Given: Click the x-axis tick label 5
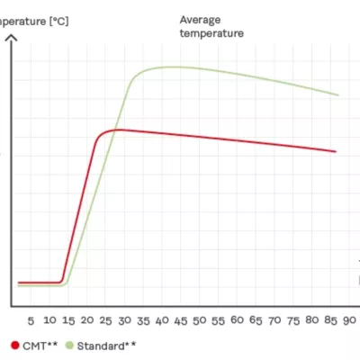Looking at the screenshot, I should (x=31, y=320).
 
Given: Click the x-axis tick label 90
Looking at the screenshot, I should (x=351, y=320).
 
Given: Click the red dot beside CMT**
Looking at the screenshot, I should (x=14, y=345).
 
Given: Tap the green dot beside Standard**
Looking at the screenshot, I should (x=68, y=345).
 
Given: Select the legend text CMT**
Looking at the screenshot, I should (x=38, y=345).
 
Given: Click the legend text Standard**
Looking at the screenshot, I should (x=106, y=345).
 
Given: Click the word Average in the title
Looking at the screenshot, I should (x=200, y=19).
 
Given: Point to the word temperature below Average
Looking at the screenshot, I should (x=211, y=33).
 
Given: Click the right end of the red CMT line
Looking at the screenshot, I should (x=336, y=151).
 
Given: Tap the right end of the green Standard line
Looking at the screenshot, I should (x=338, y=94).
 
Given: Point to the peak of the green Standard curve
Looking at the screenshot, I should (x=171, y=67).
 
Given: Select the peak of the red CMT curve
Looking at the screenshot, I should (x=115, y=130).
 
